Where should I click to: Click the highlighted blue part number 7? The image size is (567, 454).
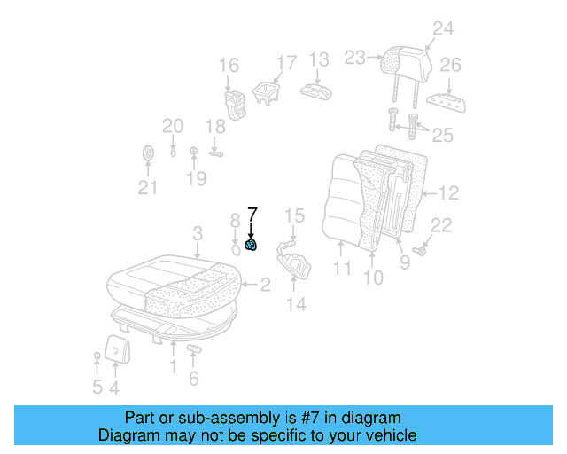(x=252, y=246)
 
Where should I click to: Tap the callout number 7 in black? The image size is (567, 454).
(x=252, y=215)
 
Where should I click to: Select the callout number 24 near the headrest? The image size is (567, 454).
(x=442, y=28)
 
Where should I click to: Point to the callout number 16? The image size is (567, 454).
(x=229, y=65)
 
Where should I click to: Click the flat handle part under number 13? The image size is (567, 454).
(x=317, y=90)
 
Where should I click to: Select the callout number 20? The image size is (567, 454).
(x=173, y=126)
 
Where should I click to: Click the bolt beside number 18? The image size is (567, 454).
(x=215, y=153)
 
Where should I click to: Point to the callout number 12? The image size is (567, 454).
(x=448, y=192)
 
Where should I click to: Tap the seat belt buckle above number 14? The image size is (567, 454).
(x=295, y=262)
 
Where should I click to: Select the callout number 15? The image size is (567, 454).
(x=294, y=215)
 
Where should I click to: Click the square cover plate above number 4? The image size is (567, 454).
(x=115, y=349)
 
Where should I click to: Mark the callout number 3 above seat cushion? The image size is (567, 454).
(x=198, y=233)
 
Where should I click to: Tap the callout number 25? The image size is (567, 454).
(x=442, y=135)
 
